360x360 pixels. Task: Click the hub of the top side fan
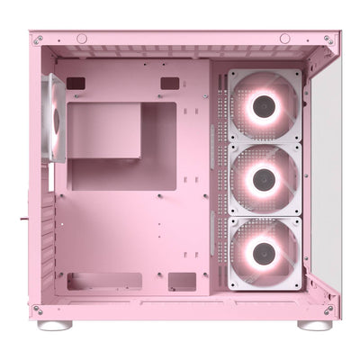coord(264,108)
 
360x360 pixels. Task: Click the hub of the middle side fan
coord(264,180)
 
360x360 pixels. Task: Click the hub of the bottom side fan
coord(264,252)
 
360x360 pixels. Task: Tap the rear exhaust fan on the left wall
coord(57,118)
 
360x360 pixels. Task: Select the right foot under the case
coord(314,324)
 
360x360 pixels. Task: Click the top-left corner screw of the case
coord(38,40)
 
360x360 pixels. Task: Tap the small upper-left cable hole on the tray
coord(76,83)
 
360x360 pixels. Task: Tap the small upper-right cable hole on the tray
coord(170,83)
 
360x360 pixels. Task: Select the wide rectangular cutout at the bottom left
coord(104,281)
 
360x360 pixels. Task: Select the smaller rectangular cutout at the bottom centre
coord(182,281)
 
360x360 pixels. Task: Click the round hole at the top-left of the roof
coord(82,39)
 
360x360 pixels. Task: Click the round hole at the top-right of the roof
coord(284,39)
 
